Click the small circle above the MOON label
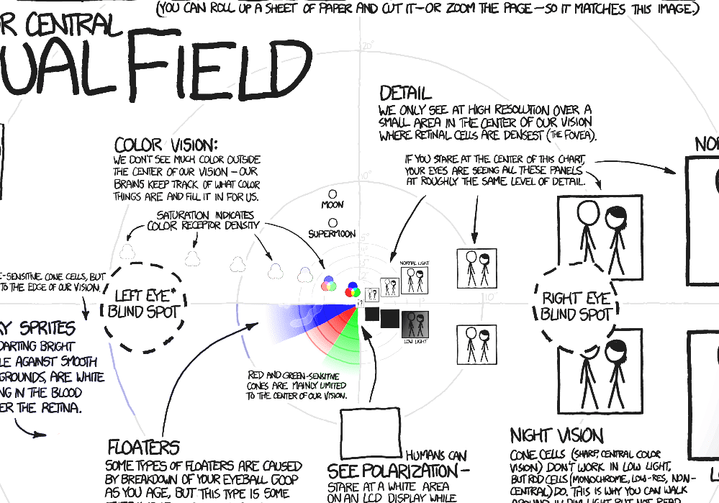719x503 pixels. click(x=333, y=194)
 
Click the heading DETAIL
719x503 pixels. click(x=406, y=94)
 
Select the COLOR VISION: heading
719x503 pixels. click(x=166, y=144)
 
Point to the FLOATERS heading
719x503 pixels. click(x=143, y=448)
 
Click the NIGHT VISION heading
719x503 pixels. click(x=556, y=435)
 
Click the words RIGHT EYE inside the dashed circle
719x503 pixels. click(x=576, y=298)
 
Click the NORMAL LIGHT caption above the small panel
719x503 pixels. click(x=414, y=263)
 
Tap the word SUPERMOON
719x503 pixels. click(x=333, y=235)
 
